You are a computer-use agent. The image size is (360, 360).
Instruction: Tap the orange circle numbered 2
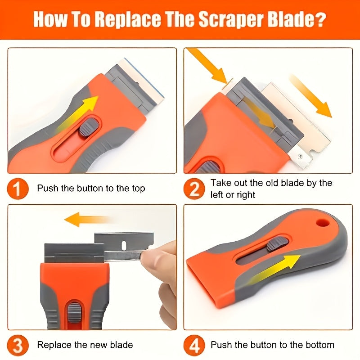click(194, 189)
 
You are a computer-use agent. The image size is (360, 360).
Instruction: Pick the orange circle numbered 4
click(194, 345)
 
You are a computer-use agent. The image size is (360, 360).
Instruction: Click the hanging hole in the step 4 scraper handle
click(321, 223)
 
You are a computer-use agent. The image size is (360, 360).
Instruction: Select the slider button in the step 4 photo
click(273, 244)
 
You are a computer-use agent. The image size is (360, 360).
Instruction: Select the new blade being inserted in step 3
click(121, 245)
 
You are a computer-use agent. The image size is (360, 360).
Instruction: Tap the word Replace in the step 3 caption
click(54, 345)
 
